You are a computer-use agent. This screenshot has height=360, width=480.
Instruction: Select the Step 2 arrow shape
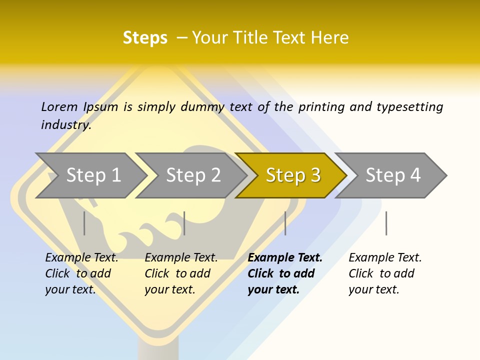point(193,175)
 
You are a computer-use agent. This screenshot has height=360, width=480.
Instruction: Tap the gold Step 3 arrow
point(292,175)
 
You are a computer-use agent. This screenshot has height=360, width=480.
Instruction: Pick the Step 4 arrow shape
point(392,175)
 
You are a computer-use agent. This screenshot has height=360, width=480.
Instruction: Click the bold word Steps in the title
point(145,38)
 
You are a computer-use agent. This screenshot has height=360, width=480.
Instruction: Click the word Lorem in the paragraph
point(59,107)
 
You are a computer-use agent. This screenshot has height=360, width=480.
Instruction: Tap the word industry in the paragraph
point(66,125)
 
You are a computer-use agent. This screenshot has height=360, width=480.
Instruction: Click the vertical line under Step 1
point(84,223)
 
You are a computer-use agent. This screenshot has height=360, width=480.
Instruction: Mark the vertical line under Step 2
point(184,223)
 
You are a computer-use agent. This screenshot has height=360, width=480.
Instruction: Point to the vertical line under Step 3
point(285,223)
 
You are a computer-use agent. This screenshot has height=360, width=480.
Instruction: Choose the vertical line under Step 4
point(386,223)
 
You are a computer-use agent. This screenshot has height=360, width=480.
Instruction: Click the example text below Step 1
point(81,273)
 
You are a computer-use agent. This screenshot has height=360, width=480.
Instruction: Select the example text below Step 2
point(181,273)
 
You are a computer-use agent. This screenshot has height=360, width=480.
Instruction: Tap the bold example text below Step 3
point(285,273)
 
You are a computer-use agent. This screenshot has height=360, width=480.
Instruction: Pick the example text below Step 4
point(385,273)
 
